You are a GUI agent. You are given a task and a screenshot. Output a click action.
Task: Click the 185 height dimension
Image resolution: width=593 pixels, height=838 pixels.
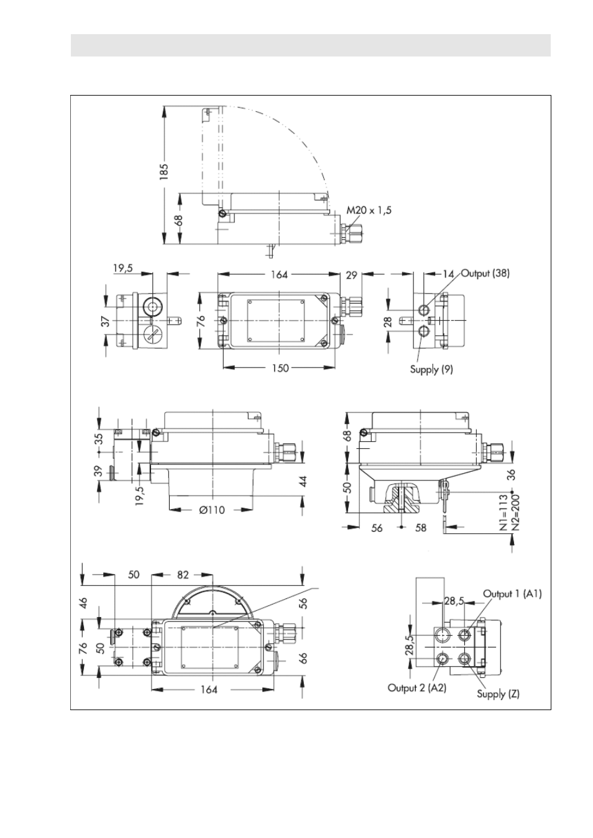click(164, 171)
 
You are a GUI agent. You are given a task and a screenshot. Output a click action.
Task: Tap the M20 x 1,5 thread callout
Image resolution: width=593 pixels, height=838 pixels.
click(369, 210)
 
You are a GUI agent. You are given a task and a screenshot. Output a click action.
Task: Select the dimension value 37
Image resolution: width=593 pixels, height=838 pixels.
click(106, 321)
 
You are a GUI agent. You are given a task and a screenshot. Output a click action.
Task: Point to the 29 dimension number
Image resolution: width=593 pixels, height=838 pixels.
click(352, 276)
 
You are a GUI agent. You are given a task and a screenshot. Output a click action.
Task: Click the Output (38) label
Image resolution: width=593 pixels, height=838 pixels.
click(485, 274)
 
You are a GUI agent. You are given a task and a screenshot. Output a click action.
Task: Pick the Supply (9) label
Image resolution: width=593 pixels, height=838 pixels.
click(431, 369)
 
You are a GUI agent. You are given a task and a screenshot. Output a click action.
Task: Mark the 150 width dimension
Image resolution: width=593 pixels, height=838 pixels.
click(280, 368)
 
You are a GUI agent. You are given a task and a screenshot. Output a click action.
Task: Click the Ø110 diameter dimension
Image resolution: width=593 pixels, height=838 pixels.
click(212, 510)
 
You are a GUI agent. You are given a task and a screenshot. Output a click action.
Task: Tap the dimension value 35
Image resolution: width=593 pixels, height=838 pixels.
click(98, 438)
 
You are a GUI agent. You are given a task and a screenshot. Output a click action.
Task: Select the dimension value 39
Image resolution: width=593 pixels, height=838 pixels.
click(98, 471)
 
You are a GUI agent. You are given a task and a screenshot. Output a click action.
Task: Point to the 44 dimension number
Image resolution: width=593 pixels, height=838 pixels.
click(303, 481)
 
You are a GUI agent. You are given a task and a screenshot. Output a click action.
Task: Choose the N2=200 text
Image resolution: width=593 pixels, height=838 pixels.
click(515, 513)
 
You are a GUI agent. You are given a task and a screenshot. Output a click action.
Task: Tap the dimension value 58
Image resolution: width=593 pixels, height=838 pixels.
click(421, 528)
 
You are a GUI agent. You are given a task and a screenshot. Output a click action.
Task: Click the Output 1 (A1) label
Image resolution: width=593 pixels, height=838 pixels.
click(512, 593)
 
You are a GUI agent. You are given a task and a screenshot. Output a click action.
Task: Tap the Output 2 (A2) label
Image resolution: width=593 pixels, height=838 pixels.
click(417, 688)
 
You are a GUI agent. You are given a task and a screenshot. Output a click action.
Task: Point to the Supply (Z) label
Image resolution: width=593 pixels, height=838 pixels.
click(499, 693)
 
